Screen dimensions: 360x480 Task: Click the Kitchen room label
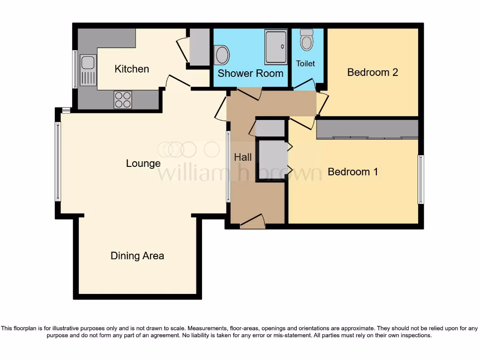click(x=132, y=69)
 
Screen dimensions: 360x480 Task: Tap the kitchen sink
click(x=88, y=70)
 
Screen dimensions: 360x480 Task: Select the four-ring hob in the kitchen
click(x=123, y=99)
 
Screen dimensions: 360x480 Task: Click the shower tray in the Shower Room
click(x=276, y=47)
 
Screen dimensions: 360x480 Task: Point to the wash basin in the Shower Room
click(x=222, y=55)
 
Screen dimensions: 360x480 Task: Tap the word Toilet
click(x=305, y=63)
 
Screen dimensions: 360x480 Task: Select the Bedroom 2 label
click(x=372, y=72)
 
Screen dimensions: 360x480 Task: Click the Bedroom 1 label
click(x=352, y=172)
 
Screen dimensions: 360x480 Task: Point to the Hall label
click(x=243, y=157)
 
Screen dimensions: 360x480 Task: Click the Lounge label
click(x=143, y=163)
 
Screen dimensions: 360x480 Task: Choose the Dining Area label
click(x=137, y=255)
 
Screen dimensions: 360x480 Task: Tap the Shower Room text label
click(x=250, y=73)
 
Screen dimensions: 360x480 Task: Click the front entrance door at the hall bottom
click(x=252, y=222)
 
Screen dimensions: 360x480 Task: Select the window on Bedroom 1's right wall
click(x=420, y=180)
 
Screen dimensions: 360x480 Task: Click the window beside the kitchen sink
click(x=75, y=69)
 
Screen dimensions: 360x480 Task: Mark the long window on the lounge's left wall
click(x=58, y=161)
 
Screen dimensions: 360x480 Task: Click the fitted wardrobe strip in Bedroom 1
click(x=367, y=129)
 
